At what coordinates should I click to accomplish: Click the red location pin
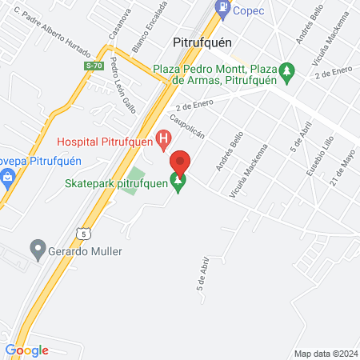tap(180, 162)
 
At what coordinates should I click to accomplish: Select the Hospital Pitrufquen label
tap(106, 143)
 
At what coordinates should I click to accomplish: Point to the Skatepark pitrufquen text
tap(117, 183)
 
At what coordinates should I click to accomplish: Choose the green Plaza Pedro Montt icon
tap(291, 72)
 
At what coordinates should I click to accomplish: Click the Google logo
tap(26, 350)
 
